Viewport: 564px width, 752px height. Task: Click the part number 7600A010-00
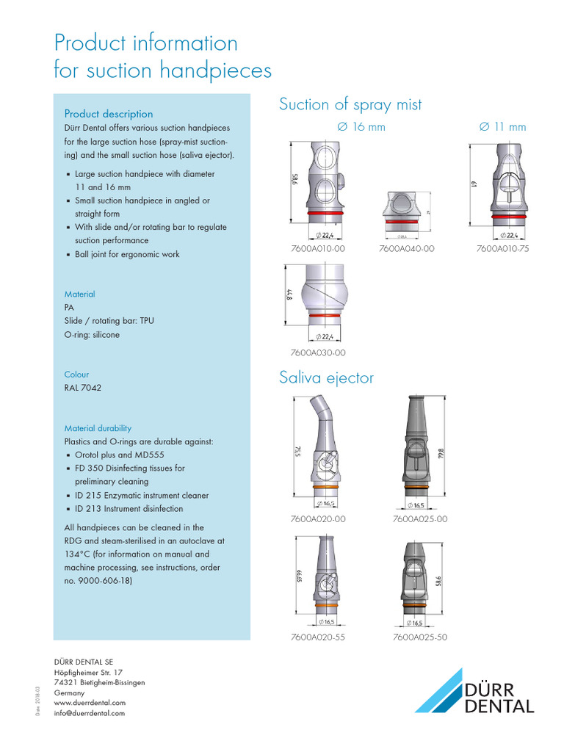click(x=318, y=249)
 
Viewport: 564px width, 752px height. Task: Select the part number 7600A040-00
click(x=407, y=249)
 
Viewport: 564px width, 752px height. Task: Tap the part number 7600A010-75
click(x=502, y=249)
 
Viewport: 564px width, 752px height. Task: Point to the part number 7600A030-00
click(x=318, y=353)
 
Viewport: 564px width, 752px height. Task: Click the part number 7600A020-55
click(x=318, y=637)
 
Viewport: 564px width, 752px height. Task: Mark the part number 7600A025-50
click(x=420, y=637)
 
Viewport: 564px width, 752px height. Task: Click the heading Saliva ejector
click(x=326, y=378)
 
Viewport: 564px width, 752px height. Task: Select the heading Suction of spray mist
click(x=350, y=105)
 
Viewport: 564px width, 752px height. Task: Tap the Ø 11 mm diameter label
click(x=502, y=127)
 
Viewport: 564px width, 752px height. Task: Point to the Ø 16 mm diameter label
click(x=361, y=127)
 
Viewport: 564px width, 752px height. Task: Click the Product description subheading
click(x=109, y=114)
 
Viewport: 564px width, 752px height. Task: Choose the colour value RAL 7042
click(x=83, y=388)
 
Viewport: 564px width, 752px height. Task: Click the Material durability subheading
click(x=98, y=428)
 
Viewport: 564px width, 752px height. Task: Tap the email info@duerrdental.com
click(x=90, y=713)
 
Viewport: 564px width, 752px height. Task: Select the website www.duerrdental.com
click(x=90, y=703)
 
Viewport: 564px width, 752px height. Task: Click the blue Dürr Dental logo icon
click(x=439, y=691)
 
